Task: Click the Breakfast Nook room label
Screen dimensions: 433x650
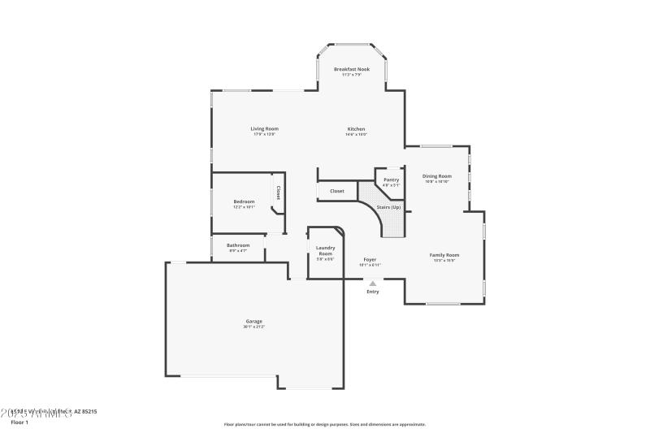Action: (351, 69)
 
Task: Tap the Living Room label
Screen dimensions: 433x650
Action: (264, 128)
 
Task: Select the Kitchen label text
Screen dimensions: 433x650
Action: (356, 128)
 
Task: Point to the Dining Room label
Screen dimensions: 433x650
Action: (437, 175)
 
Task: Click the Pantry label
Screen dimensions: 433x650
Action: (391, 180)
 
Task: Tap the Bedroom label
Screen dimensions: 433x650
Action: (244, 201)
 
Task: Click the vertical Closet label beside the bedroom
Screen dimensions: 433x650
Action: (278, 193)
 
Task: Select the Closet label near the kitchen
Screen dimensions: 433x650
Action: (336, 191)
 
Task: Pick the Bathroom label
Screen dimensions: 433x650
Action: (238, 245)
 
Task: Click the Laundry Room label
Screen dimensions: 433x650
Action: (325, 250)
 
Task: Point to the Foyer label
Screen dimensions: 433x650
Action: (370, 259)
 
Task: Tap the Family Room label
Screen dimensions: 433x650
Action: (444, 255)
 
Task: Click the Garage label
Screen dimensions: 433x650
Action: (253, 321)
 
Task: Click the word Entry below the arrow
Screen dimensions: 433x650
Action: (372, 291)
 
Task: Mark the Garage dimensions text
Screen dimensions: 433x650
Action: (253, 327)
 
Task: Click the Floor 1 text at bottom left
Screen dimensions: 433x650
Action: (19, 422)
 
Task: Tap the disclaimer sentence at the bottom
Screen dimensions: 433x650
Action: (324, 424)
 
